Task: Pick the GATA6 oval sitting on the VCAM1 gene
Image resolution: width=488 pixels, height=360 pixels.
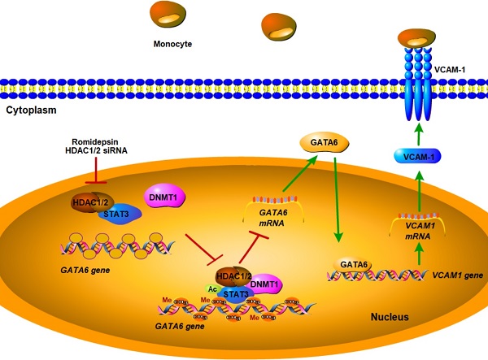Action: coord(354,264)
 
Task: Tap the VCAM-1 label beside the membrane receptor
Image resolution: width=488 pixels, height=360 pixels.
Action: coord(463,72)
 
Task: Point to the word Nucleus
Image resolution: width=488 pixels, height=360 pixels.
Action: coord(386,317)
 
